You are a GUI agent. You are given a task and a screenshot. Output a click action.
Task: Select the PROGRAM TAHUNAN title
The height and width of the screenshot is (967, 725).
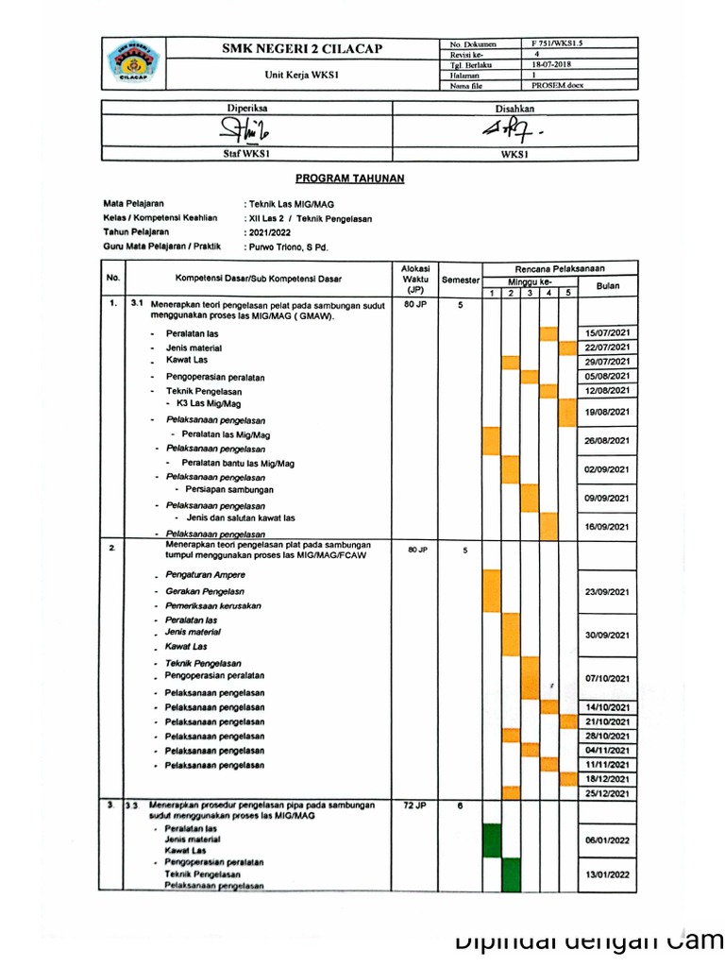349,178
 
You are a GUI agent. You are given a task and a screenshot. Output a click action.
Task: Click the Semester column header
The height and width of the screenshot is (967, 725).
461,280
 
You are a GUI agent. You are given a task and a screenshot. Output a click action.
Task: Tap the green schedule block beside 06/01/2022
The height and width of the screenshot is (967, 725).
492,839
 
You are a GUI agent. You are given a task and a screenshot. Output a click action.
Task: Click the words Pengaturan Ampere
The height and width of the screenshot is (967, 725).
205,575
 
